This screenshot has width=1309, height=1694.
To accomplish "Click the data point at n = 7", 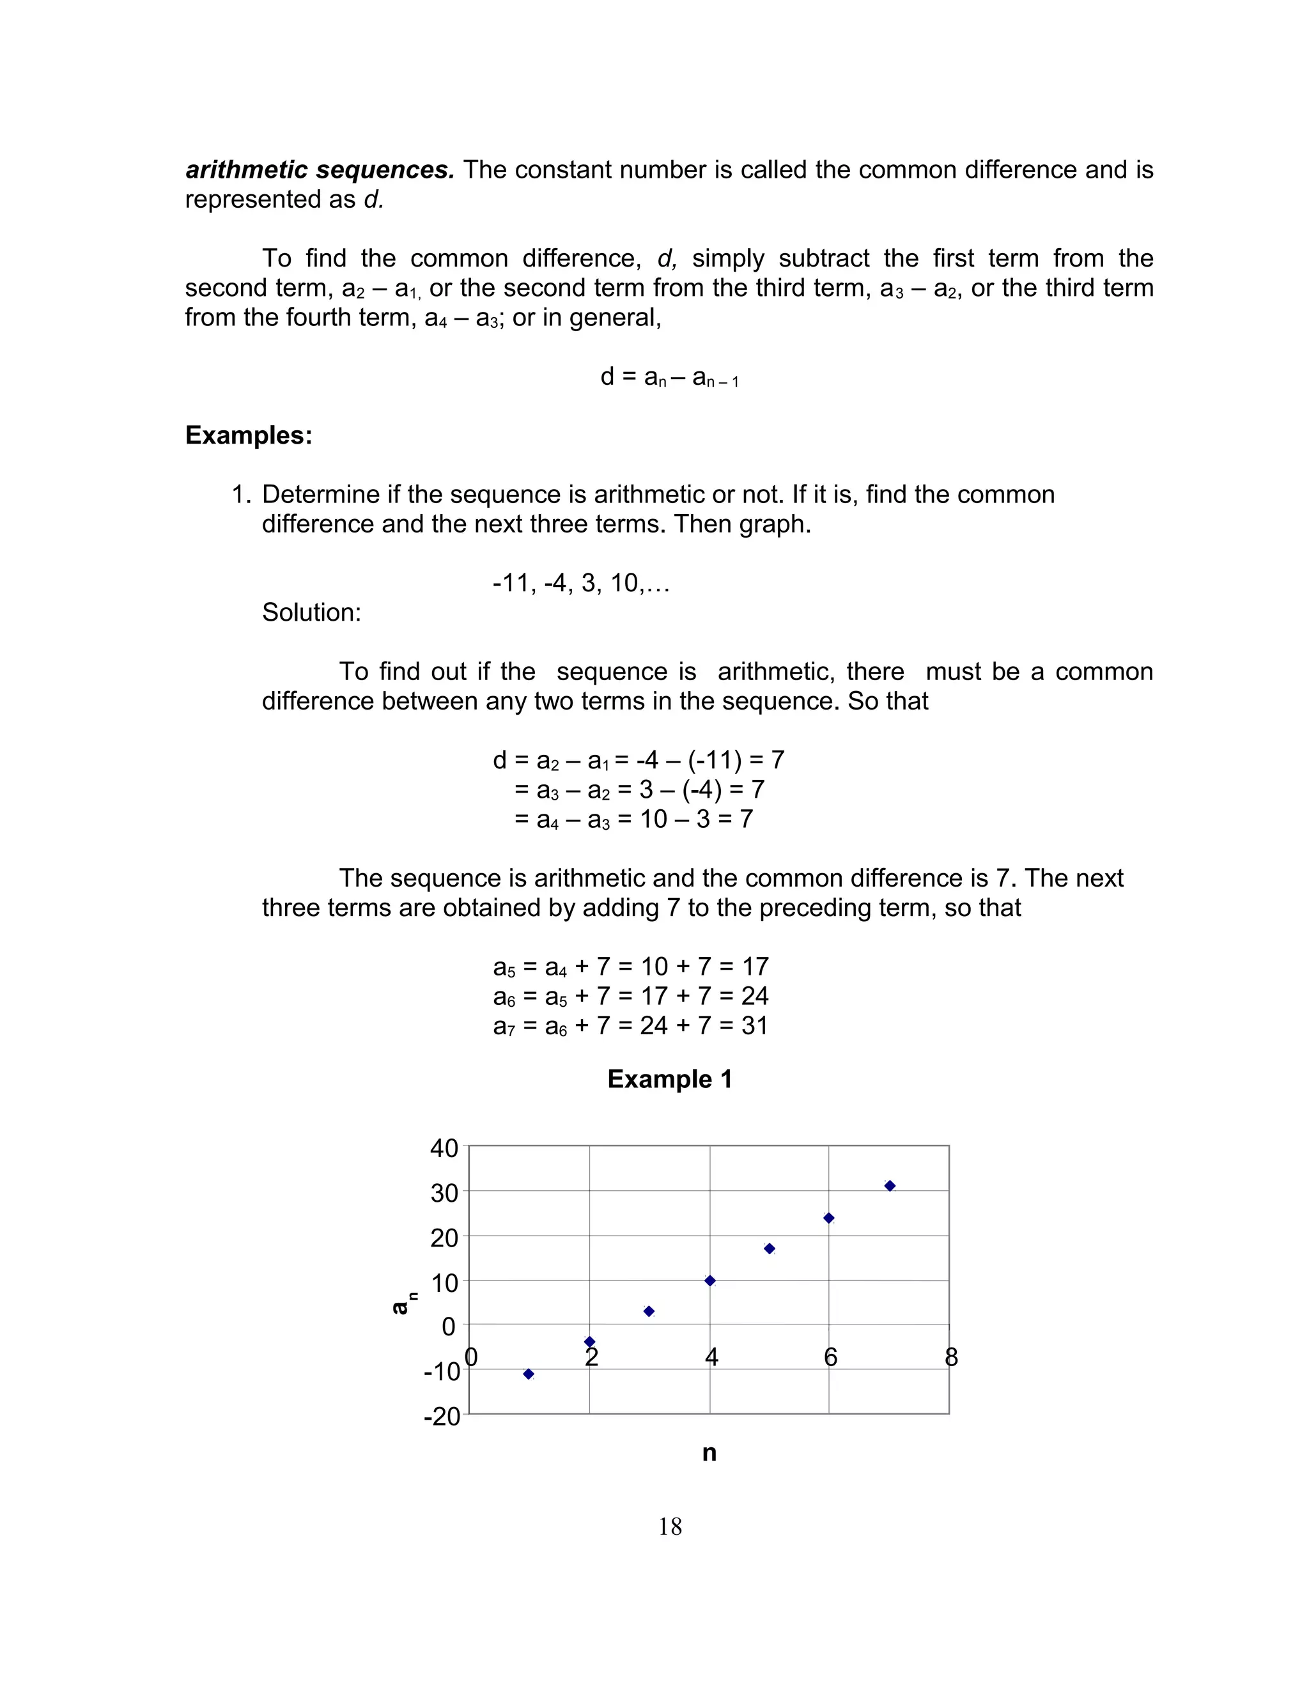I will click(x=890, y=1186).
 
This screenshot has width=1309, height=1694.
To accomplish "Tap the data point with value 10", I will click(x=709, y=1280).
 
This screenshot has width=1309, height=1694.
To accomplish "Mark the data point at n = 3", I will click(x=649, y=1311).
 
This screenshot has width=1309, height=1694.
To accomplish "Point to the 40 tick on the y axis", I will click(x=444, y=1148).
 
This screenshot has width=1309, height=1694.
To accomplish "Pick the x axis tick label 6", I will click(x=830, y=1357).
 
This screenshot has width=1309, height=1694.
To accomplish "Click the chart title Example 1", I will click(x=669, y=1079).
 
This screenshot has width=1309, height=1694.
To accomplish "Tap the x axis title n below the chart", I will click(x=709, y=1453).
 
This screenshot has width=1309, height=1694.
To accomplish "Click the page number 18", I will click(x=670, y=1527).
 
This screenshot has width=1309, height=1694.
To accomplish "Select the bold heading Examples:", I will click(x=248, y=435).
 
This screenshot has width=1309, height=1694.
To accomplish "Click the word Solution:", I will click(x=311, y=612).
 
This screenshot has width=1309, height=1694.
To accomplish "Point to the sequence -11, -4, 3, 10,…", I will click(x=581, y=582).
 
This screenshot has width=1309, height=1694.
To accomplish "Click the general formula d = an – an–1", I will click(x=669, y=378).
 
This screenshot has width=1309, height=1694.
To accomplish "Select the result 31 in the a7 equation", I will click(x=754, y=1025).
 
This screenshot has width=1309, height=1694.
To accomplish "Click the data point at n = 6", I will click(x=829, y=1218).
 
